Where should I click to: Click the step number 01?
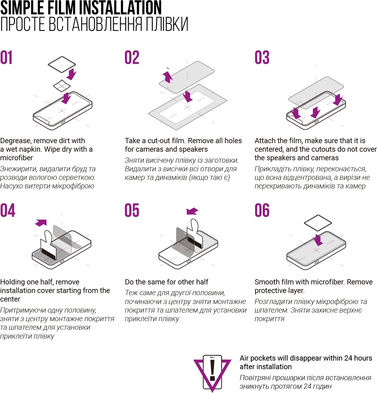6,57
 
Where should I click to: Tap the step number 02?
132,57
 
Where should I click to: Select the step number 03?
262,57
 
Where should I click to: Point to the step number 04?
8,210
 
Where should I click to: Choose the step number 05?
132,210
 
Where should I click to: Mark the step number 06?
262,210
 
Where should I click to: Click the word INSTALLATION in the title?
120,8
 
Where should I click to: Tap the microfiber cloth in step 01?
62,64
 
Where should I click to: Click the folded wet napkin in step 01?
62,86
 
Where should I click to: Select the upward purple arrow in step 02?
168,77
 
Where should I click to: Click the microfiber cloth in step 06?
318,223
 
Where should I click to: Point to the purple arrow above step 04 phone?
41,223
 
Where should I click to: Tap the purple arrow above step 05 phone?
192,211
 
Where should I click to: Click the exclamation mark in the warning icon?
212,369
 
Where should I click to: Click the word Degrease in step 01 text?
16,141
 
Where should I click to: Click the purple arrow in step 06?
318,240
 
